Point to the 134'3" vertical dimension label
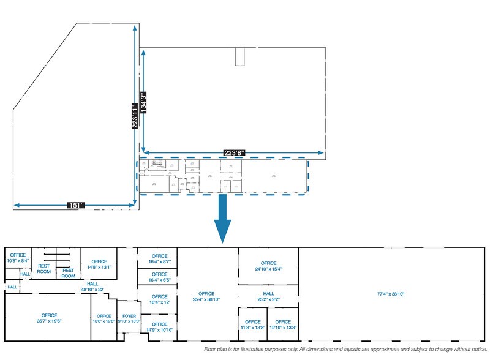143,100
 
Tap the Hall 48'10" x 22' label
92,286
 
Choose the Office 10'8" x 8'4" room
18,258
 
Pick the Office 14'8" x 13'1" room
99,264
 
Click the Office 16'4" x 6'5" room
159,277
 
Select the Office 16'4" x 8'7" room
159,258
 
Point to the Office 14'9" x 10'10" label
159,327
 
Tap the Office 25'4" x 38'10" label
206,297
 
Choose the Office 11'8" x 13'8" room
252,324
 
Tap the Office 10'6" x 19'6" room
103,318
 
